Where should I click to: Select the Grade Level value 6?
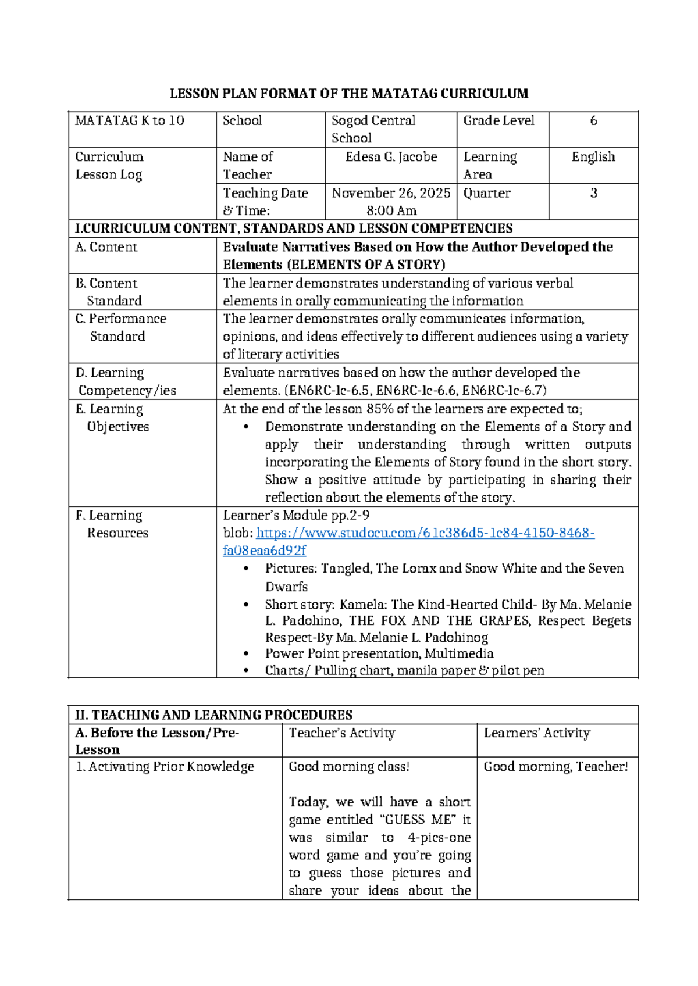tap(593, 121)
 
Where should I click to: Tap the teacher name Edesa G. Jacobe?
tap(391, 157)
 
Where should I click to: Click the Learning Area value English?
tap(593, 157)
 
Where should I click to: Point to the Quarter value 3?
tap(593, 193)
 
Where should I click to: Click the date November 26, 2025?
tap(391, 193)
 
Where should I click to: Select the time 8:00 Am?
tap(391, 210)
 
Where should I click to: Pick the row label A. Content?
tap(106, 247)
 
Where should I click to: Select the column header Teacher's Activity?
tap(342, 733)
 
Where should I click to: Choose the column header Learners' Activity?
tap(537, 733)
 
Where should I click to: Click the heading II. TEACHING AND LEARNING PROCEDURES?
tap(213, 715)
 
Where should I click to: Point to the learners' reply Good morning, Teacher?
tap(555, 767)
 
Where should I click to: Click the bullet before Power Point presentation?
tap(247, 654)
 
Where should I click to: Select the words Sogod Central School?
tap(373, 129)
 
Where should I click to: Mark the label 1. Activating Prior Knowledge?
tap(165, 767)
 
